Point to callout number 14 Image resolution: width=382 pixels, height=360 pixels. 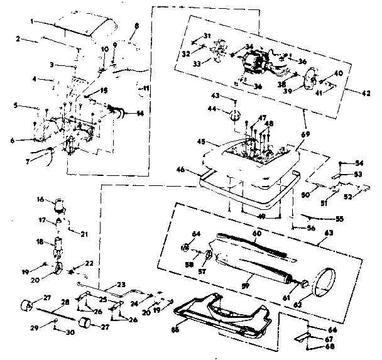139,113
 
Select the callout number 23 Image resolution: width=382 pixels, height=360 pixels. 122,283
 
